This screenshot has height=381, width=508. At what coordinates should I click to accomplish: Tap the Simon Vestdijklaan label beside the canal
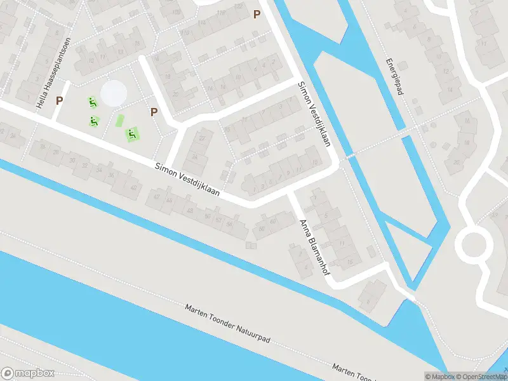tap(314, 114)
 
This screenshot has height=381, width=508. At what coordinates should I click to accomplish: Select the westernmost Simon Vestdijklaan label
tap(187, 180)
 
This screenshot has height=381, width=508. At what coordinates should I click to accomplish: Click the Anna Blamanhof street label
tap(314, 250)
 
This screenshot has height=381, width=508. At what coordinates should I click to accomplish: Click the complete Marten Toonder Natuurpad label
tap(227, 324)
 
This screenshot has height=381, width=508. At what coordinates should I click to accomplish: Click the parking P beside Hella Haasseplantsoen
tap(60, 100)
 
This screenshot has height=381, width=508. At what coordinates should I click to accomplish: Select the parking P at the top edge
tap(257, 14)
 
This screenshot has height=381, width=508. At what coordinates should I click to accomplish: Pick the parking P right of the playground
tap(154, 112)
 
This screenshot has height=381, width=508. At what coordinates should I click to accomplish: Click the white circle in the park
tap(114, 93)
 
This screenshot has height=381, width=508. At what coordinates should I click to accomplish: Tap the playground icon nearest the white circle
tap(93, 102)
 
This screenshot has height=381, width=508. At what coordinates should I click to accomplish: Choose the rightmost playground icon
tap(132, 134)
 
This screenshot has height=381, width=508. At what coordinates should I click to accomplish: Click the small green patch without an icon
tap(119, 120)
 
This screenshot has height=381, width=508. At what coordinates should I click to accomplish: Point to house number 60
tap(274, 222)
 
